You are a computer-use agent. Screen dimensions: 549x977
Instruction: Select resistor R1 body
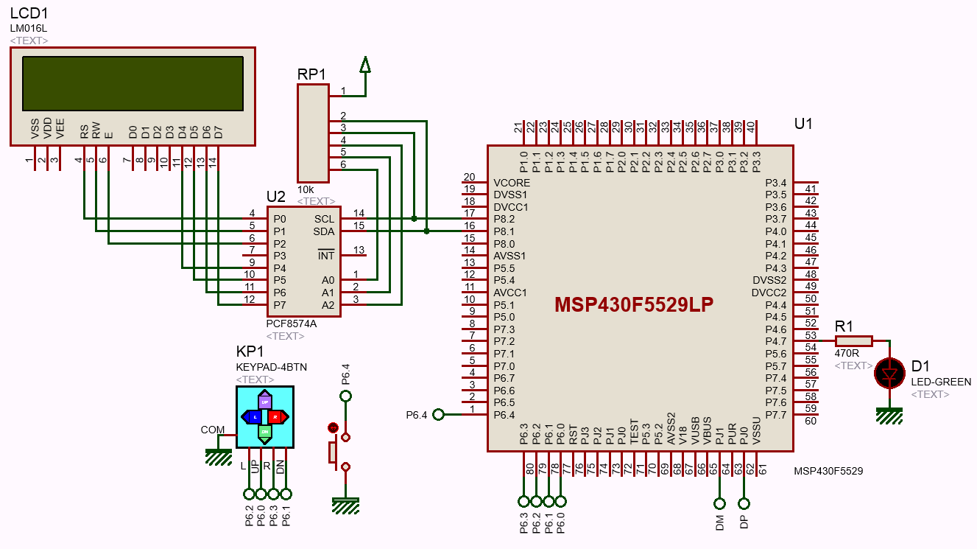point(854,340)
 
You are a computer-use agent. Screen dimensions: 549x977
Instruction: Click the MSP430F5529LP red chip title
point(634,305)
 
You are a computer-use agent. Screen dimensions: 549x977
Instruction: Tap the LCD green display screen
point(133,83)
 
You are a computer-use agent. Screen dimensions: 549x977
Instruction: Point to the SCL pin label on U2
point(324,219)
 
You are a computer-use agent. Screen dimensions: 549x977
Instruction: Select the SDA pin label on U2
point(324,231)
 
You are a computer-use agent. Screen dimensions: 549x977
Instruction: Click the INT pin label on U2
point(325,256)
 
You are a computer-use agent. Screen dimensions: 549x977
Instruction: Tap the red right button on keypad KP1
point(276,416)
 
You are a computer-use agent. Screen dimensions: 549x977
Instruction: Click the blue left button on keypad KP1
point(253,416)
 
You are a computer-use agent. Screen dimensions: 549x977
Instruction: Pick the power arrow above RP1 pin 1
point(365,66)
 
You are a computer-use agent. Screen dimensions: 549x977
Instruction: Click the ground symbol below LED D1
point(889,417)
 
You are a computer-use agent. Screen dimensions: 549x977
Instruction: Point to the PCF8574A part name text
point(292,324)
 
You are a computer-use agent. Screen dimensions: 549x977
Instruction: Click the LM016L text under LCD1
point(28,28)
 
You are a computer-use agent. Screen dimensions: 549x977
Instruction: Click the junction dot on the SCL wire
point(415,219)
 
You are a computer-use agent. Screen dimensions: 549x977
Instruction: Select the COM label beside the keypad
point(213,430)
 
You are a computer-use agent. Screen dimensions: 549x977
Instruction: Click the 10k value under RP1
point(305,189)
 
